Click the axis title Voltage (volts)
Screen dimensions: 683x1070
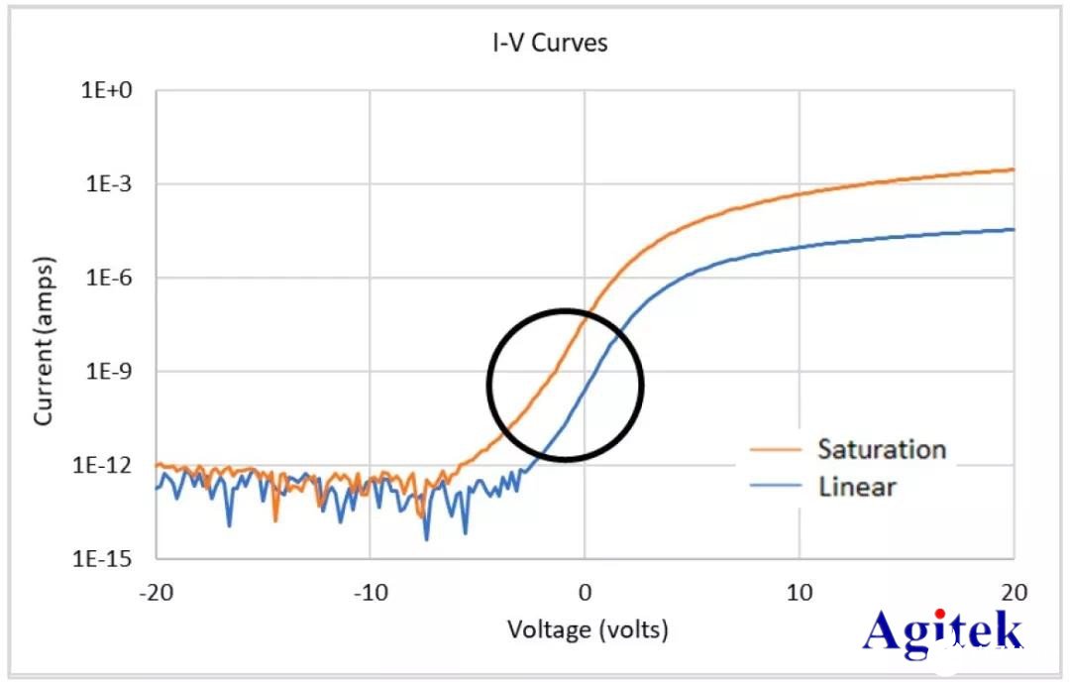[588, 629]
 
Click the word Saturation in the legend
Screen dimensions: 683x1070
[882, 449]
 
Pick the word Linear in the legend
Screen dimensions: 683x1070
[857, 487]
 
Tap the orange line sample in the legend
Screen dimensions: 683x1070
[773, 449]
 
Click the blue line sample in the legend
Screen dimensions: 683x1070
[773, 487]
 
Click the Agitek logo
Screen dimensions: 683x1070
[942, 631]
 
